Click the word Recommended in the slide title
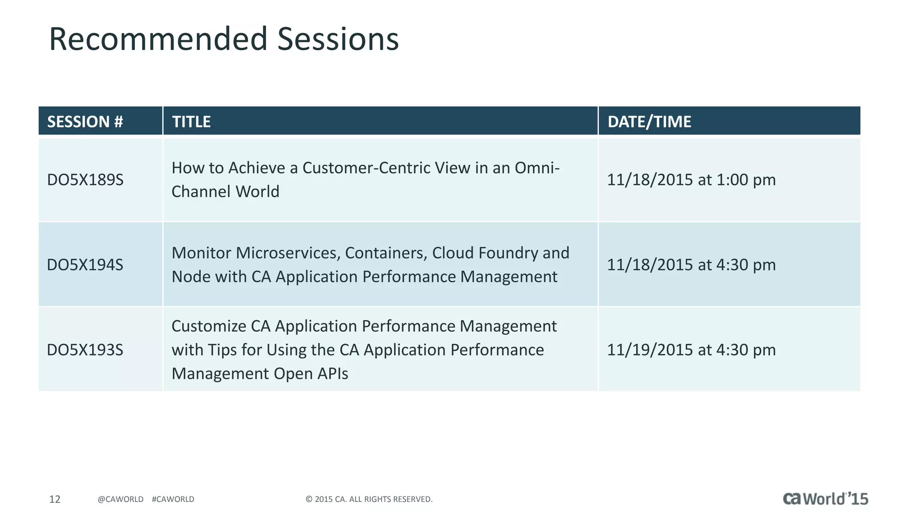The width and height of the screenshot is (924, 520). pyautogui.click(x=158, y=39)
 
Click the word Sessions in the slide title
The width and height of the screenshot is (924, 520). pyautogui.click(x=338, y=39)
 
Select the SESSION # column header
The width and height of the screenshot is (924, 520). pyautogui.click(x=85, y=121)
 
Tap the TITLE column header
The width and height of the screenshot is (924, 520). pyautogui.click(x=191, y=121)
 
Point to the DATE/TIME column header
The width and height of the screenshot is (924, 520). pyautogui.click(x=649, y=121)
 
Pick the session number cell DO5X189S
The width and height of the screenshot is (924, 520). pyautogui.click(x=85, y=180)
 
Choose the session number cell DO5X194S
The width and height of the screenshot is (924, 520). pyautogui.click(x=85, y=265)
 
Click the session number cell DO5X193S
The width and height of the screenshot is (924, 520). pyautogui.click(x=85, y=350)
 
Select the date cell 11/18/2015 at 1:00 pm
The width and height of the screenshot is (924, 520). pyautogui.click(x=691, y=180)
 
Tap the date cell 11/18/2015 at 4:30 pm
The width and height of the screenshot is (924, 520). pyautogui.click(x=691, y=265)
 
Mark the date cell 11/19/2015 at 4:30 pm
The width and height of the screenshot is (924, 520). pyautogui.click(x=691, y=350)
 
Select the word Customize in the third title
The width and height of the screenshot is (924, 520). pyautogui.click(x=209, y=326)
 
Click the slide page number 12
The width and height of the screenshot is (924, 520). pyautogui.click(x=55, y=499)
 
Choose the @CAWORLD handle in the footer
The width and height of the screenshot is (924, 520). pyautogui.click(x=120, y=499)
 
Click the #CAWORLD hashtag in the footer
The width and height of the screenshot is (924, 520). pyautogui.click(x=173, y=499)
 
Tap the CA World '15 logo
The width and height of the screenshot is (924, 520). pyautogui.click(x=825, y=498)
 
